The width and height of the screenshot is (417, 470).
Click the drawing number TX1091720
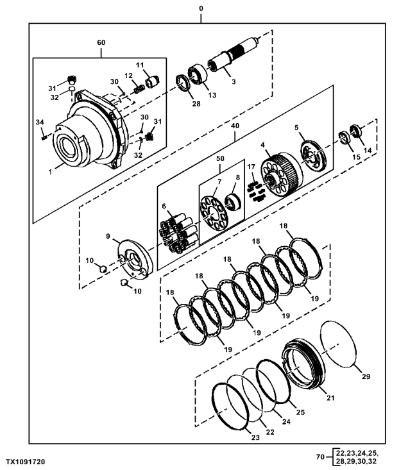pos(25,462)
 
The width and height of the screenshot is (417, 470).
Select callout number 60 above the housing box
pos(101,42)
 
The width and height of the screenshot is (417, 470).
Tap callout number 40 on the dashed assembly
pos(235,126)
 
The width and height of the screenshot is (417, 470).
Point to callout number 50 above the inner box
pos(220,158)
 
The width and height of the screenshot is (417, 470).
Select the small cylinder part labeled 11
pos(153,81)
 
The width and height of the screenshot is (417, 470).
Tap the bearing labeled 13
pos(198,74)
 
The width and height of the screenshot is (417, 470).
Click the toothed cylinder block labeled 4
pos(282,174)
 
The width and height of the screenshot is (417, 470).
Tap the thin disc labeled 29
pos(338,344)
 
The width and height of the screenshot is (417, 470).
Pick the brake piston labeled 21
pos(304,364)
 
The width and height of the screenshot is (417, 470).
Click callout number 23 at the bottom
pos(255,437)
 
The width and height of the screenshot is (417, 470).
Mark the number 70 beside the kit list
pos(320,457)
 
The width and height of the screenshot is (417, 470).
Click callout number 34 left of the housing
pos(40,122)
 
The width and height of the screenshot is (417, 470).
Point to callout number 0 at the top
pos(201,8)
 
